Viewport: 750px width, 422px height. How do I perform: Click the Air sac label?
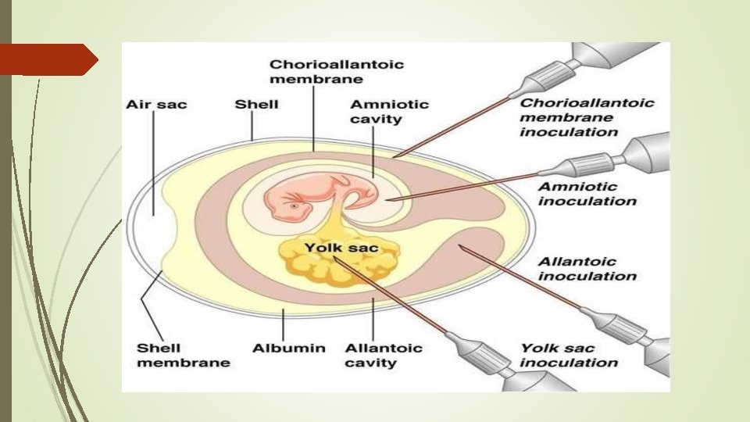tap(156, 105)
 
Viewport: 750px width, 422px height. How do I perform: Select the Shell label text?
tap(256, 105)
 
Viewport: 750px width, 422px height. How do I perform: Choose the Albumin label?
tap(288, 348)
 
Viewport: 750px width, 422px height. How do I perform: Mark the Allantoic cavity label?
tap(373, 355)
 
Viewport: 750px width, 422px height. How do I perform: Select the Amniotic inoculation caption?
tap(587, 194)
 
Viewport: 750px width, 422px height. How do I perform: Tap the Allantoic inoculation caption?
tap(587, 268)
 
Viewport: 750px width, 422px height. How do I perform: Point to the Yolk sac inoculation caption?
tap(569, 355)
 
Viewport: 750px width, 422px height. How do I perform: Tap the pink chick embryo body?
tap(312, 196)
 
